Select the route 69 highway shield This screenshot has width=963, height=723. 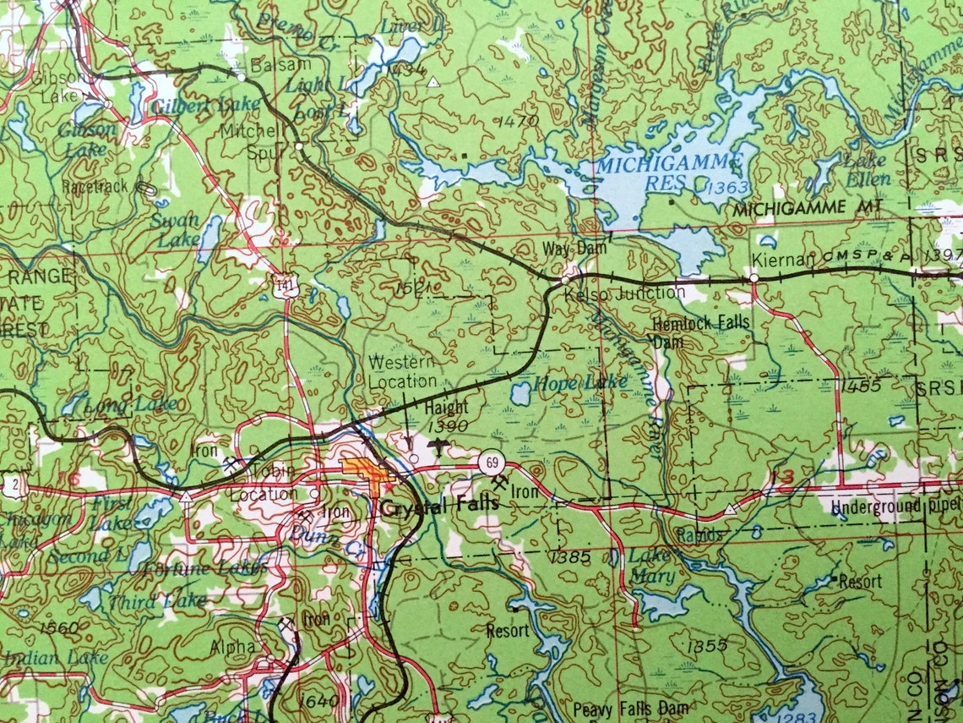[x=490, y=463]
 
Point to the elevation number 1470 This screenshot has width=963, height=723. [x=518, y=121]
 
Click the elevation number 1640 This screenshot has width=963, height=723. [x=318, y=701]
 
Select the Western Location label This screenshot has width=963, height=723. [x=402, y=371]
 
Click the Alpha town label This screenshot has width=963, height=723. [x=233, y=646]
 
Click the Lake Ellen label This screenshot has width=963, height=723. [x=864, y=169]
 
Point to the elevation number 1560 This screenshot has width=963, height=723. [x=58, y=627]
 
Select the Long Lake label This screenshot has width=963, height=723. [x=130, y=405]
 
